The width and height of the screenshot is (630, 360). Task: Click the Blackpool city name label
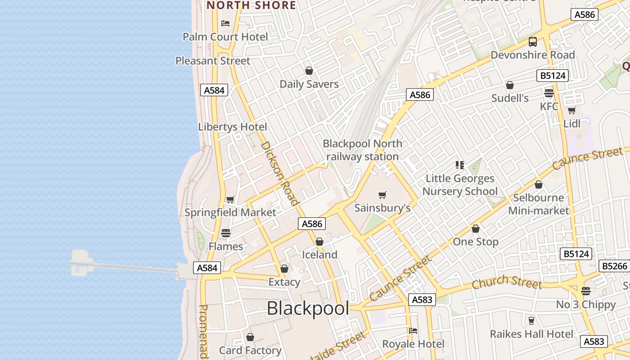tap(308, 309)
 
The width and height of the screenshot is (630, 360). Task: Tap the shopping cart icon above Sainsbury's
tap(382, 195)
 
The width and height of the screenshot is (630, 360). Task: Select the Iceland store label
tap(319, 255)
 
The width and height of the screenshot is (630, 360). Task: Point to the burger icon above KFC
tap(549, 93)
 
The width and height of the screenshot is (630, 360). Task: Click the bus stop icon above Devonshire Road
tap(533, 42)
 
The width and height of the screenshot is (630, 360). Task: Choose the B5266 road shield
tap(614, 266)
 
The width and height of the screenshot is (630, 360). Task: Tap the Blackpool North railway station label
tap(363, 150)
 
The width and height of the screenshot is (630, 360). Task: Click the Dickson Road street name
tap(280, 173)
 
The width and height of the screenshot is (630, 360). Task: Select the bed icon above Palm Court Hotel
tap(225, 23)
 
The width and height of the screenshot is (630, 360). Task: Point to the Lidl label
tap(571, 123)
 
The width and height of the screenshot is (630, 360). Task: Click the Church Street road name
tap(507, 282)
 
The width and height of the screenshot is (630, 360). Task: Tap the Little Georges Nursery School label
tap(460, 185)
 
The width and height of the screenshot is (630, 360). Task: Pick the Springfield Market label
tap(230, 212)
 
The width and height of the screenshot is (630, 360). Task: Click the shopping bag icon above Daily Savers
tap(309, 71)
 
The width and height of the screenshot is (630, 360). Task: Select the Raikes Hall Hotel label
tap(531, 334)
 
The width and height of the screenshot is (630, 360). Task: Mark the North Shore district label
tap(251, 5)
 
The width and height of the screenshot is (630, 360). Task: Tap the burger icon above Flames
tap(226, 233)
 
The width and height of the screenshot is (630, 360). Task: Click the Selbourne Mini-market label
tap(539, 204)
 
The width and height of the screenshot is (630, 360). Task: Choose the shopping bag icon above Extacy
tap(284, 269)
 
